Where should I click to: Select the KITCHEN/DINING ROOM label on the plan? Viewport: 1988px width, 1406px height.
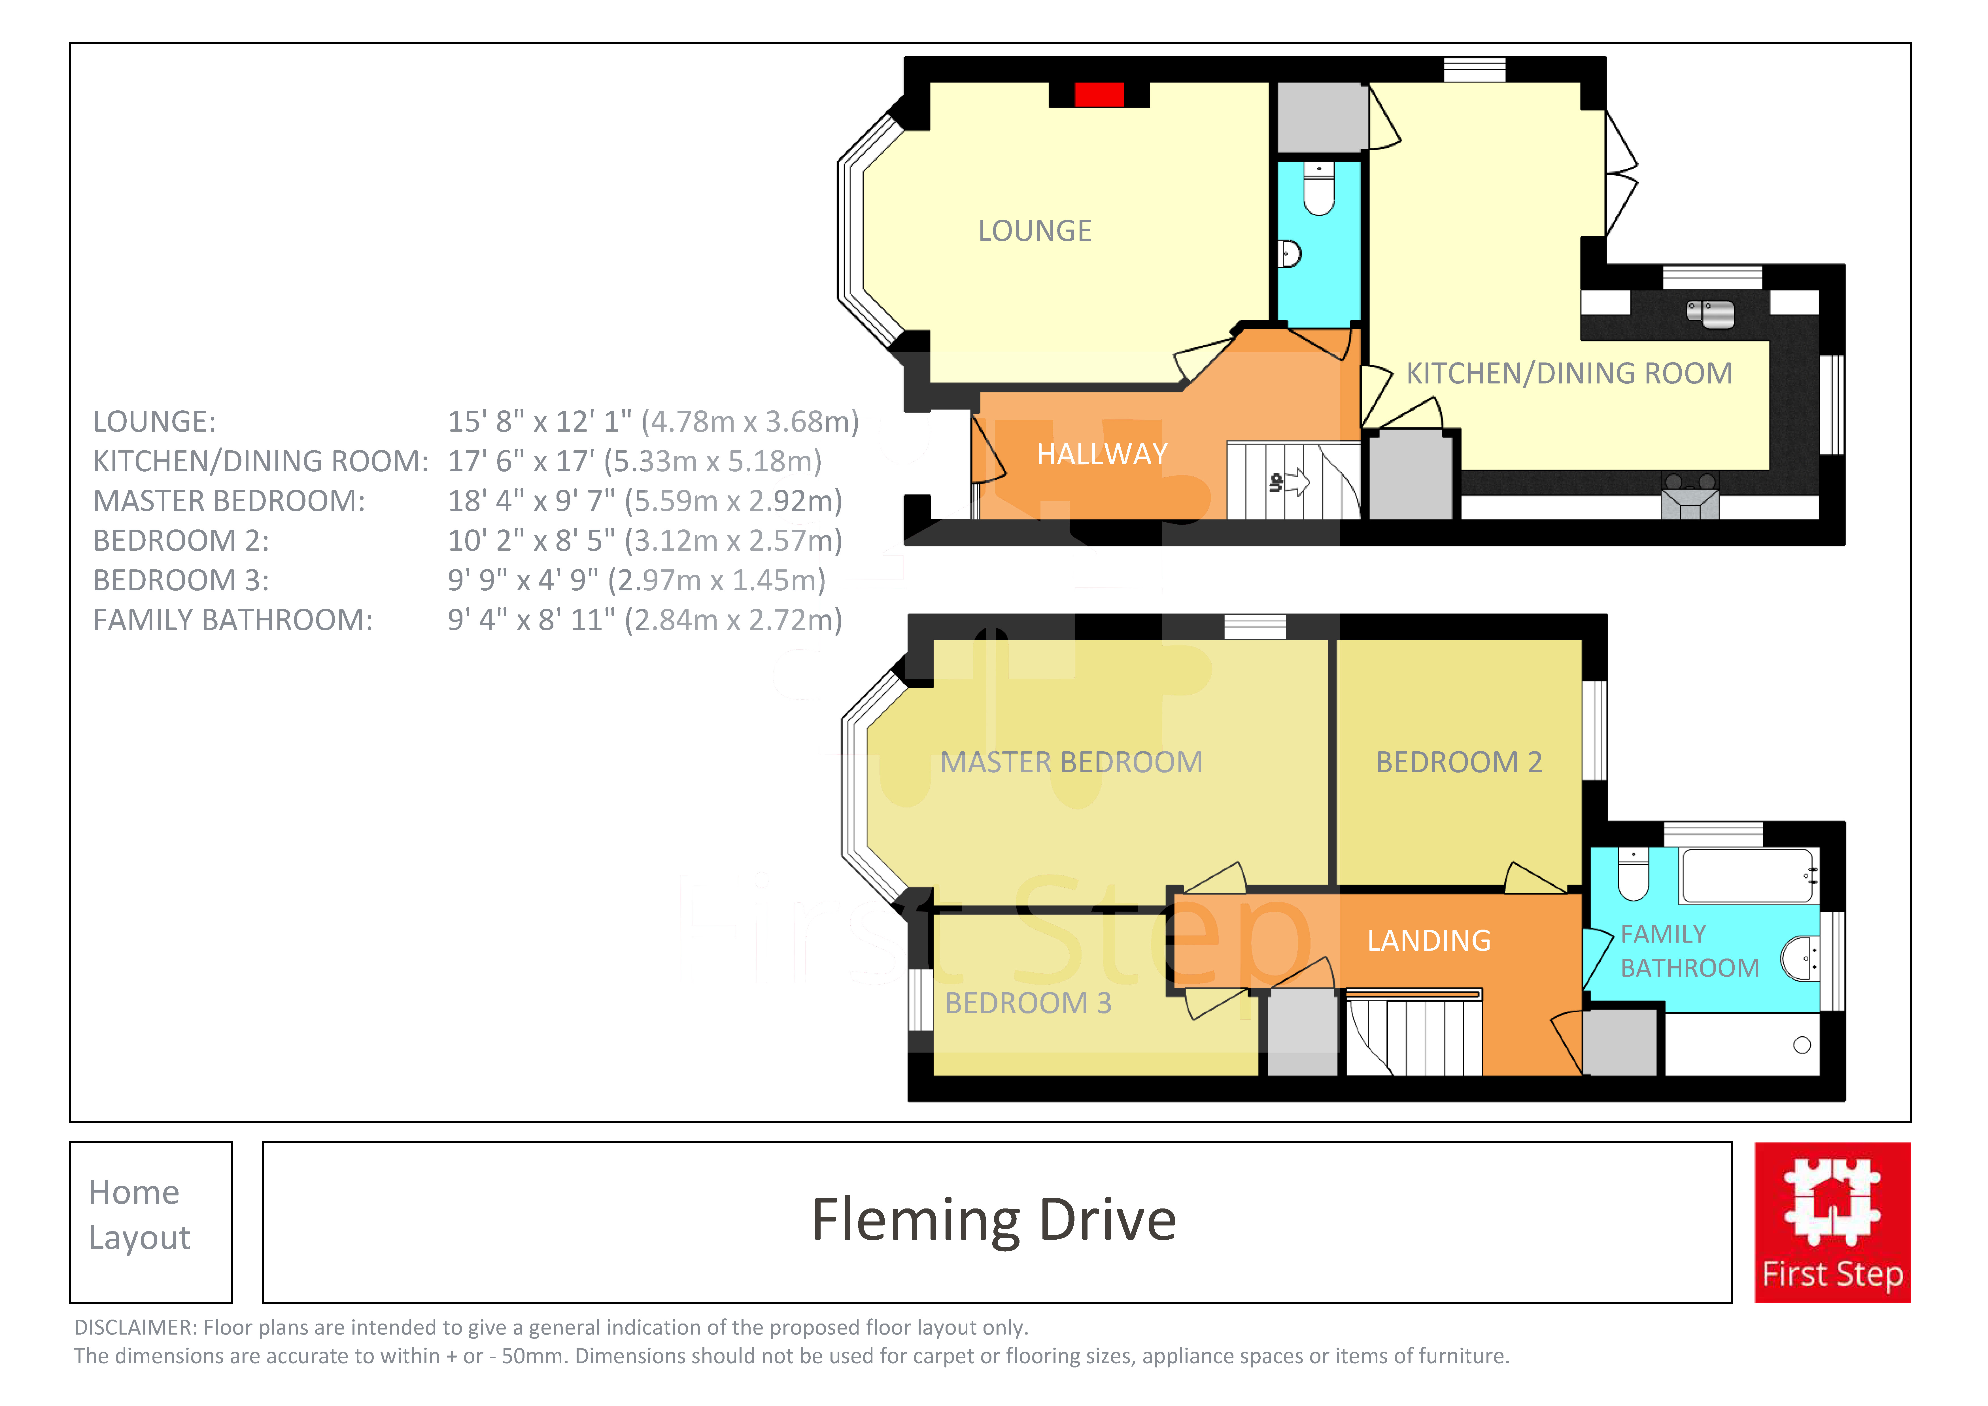(x=1569, y=373)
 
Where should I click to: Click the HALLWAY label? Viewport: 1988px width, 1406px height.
(x=1102, y=454)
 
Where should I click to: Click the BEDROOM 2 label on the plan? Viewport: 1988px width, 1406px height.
(x=1459, y=762)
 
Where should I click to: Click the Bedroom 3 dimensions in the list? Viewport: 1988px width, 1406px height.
(x=636, y=580)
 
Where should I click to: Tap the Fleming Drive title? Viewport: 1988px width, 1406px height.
(x=994, y=1220)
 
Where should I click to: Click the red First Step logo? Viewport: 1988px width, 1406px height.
(x=1832, y=1222)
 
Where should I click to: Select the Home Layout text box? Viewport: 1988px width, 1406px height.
(x=152, y=1222)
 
